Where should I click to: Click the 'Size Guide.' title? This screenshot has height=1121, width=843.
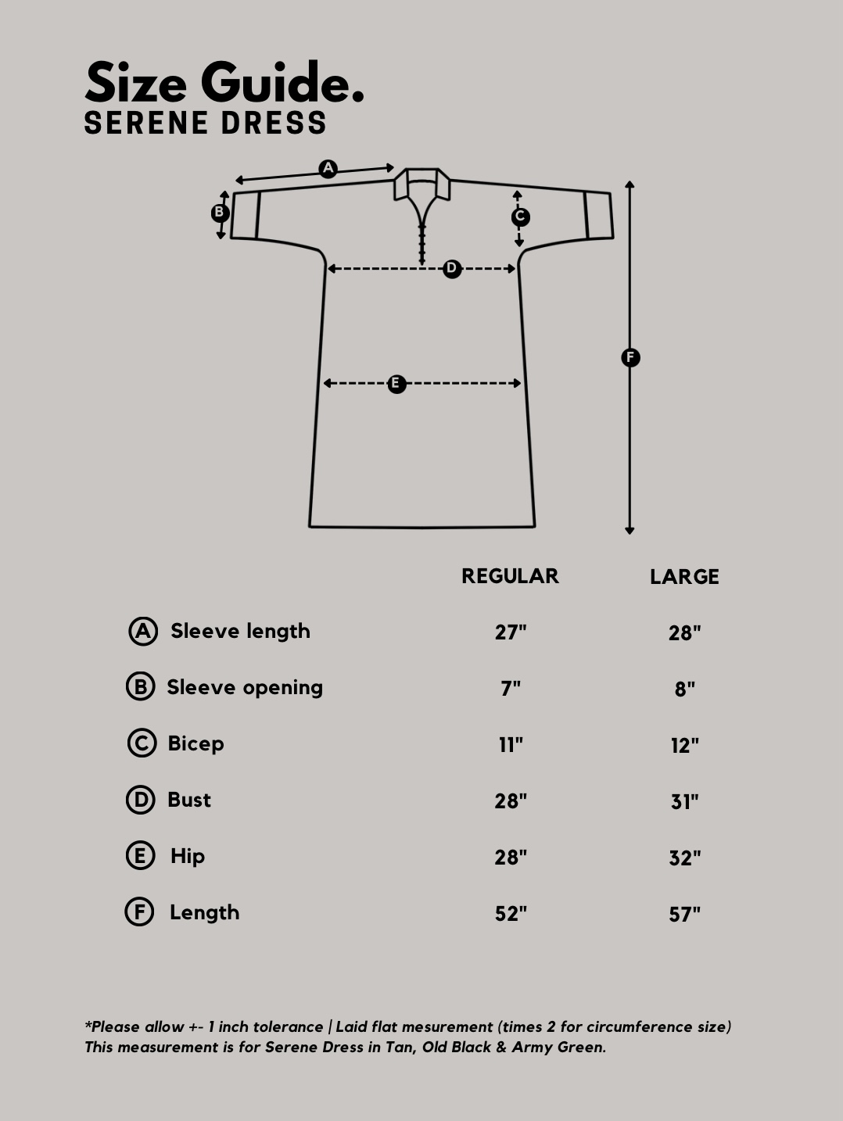pyautogui.click(x=224, y=82)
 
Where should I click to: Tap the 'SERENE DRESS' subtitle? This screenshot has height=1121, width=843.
pyautogui.click(x=205, y=123)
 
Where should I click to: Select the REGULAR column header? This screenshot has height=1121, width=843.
pyautogui.click(x=510, y=576)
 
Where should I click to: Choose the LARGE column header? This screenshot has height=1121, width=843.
pyautogui.click(x=684, y=577)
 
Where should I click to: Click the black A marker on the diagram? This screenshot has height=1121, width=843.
pyautogui.click(x=328, y=169)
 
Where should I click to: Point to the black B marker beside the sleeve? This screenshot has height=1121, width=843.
pyautogui.click(x=221, y=213)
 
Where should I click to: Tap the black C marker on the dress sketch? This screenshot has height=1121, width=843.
pyautogui.click(x=520, y=217)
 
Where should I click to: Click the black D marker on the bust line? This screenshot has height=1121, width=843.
pyautogui.click(x=452, y=269)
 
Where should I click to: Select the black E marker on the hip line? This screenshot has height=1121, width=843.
pyautogui.click(x=396, y=384)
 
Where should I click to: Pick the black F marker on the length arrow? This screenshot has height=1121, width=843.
pyautogui.click(x=630, y=357)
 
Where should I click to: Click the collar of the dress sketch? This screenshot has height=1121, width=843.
pyautogui.click(x=422, y=184)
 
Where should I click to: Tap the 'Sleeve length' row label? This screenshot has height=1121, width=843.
pyautogui.click(x=240, y=631)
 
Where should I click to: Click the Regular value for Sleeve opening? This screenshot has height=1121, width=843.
pyautogui.click(x=511, y=689)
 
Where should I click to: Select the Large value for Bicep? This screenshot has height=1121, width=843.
pyautogui.click(x=684, y=746)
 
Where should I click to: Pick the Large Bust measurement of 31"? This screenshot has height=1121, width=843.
pyautogui.click(x=684, y=802)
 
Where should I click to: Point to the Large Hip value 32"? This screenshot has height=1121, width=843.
pyautogui.click(x=684, y=858)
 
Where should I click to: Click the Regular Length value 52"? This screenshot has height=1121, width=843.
pyautogui.click(x=511, y=914)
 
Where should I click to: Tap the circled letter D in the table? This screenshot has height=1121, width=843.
pyautogui.click(x=141, y=800)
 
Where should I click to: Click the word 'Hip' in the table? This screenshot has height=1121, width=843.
pyautogui.click(x=188, y=857)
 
